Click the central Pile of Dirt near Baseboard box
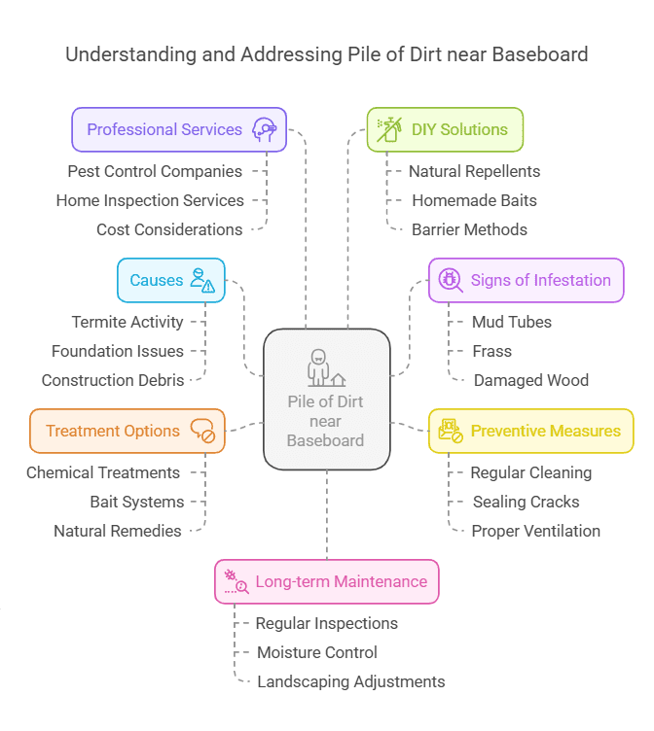click(x=327, y=399)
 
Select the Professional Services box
click(x=179, y=129)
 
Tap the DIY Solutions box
click(x=445, y=129)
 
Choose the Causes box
click(x=171, y=280)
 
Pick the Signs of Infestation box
click(x=526, y=280)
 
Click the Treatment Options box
click(x=127, y=431)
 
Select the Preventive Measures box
click(x=531, y=431)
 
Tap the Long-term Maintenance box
click(x=327, y=581)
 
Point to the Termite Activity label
click(x=127, y=322)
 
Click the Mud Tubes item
click(x=511, y=322)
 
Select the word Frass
click(x=491, y=351)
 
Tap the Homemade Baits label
click(x=474, y=200)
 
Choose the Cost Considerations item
click(x=169, y=229)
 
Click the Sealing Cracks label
click(x=526, y=502)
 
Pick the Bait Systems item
click(x=136, y=502)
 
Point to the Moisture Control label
click(x=317, y=652)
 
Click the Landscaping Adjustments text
click(x=350, y=681)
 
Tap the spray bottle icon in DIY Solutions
click(x=387, y=129)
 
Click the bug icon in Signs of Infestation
click(x=450, y=280)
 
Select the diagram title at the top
click(x=327, y=53)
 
